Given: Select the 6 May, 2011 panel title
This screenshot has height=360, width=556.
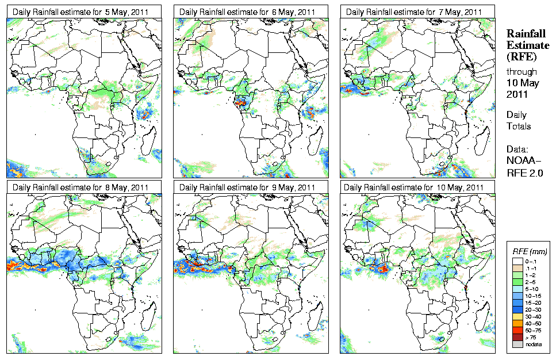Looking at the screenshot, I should click(x=247, y=12).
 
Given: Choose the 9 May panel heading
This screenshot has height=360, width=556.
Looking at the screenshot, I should click(x=247, y=187).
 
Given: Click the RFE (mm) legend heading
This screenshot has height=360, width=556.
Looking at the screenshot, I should click(x=530, y=251).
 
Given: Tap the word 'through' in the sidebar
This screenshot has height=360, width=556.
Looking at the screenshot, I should click(x=522, y=72).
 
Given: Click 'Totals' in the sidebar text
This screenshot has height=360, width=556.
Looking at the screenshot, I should click(x=519, y=126).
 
